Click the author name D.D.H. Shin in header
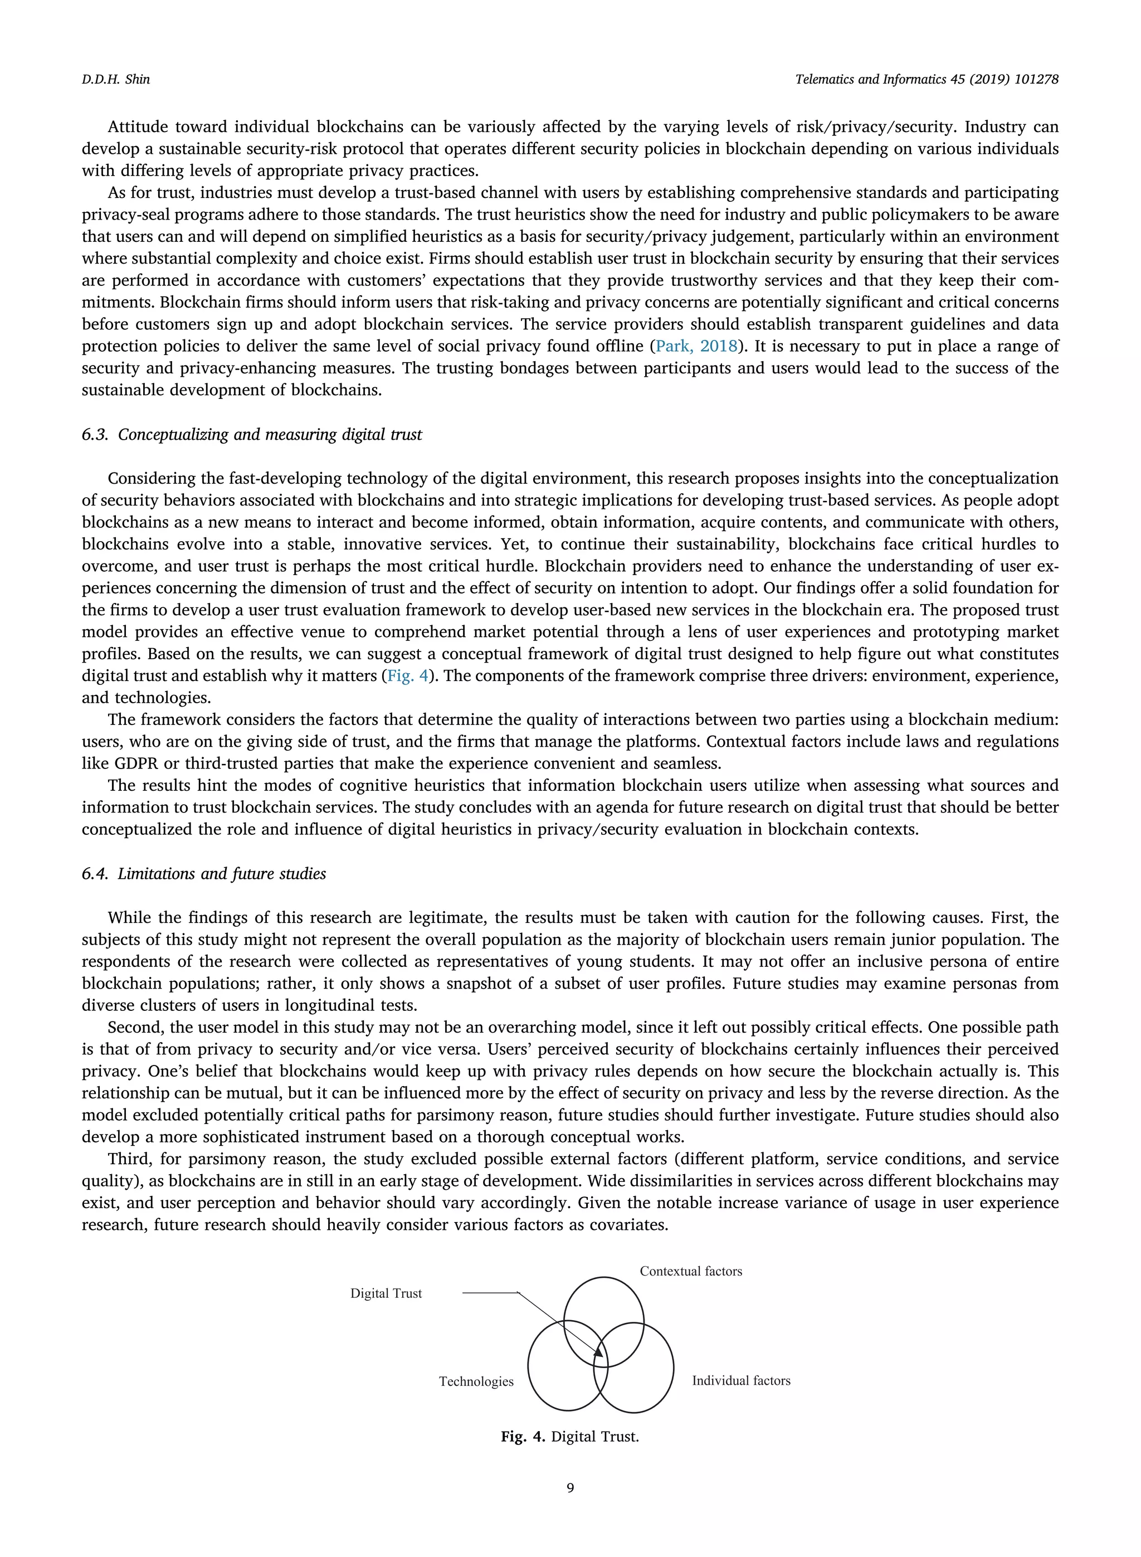tap(115, 80)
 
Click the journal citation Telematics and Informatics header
tap(926, 80)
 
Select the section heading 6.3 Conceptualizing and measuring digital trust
tap(251, 435)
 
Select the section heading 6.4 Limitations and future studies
tap(204, 874)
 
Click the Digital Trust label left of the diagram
tap(386, 1293)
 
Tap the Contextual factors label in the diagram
tap(691, 1271)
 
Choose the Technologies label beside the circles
tap(476, 1381)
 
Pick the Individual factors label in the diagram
tap(741, 1381)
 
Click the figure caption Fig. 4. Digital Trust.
tap(570, 1437)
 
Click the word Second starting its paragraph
tap(135, 1027)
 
